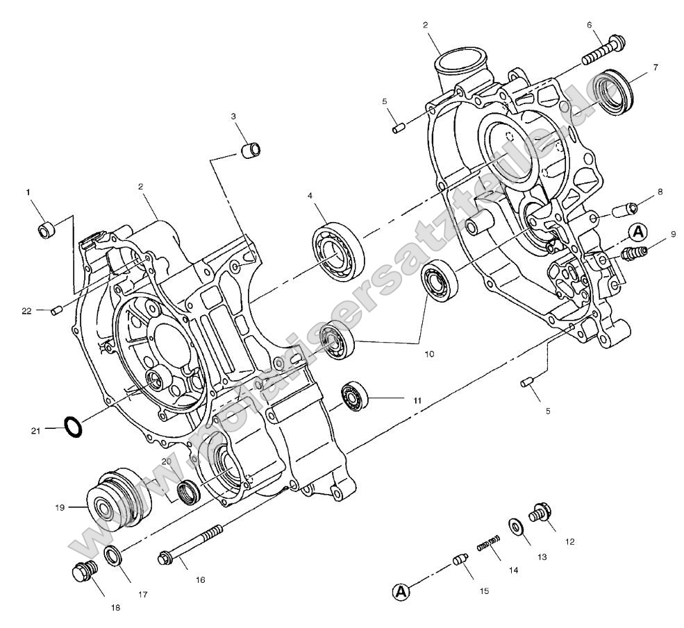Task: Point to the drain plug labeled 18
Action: [85, 572]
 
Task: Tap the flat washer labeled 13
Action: [517, 527]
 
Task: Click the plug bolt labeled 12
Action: [540, 514]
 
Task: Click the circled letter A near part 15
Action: [401, 591]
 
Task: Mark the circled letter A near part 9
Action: [639, 232]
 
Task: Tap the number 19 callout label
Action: [60, 507]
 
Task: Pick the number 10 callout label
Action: [429, 354]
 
